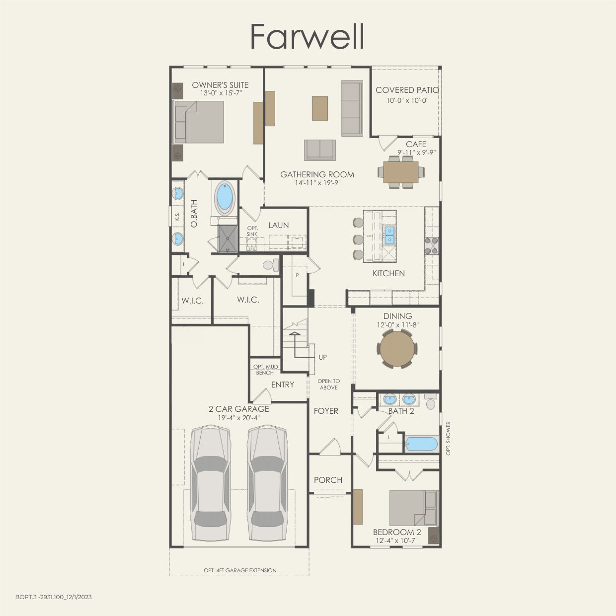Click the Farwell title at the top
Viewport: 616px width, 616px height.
point(308,36)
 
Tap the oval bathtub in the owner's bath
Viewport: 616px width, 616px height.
point(225,197)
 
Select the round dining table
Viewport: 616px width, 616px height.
point(397,349)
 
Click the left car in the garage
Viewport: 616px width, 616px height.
point(211,483)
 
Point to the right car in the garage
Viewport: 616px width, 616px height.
point(267,483)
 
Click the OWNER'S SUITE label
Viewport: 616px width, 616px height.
point(220,85)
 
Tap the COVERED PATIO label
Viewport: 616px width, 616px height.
point(407,90)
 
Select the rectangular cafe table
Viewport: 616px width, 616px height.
point(401,172)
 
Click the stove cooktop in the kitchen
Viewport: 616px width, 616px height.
point(431,246)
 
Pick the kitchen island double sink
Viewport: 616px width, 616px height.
point(389,235)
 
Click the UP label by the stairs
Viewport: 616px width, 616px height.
point(323,357)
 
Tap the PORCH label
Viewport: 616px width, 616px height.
point(328,480)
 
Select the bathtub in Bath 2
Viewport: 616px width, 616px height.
point(422,444)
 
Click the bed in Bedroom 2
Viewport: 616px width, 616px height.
point(413,508)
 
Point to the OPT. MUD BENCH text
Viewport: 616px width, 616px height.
point(265,370)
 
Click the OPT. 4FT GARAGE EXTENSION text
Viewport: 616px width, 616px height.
point(240,570)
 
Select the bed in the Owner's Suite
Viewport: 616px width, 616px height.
point(199,122)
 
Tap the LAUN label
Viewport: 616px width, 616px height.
point(278,225)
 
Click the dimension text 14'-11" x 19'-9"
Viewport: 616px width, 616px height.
point(317,183)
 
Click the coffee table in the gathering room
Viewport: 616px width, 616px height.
point(320,108)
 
